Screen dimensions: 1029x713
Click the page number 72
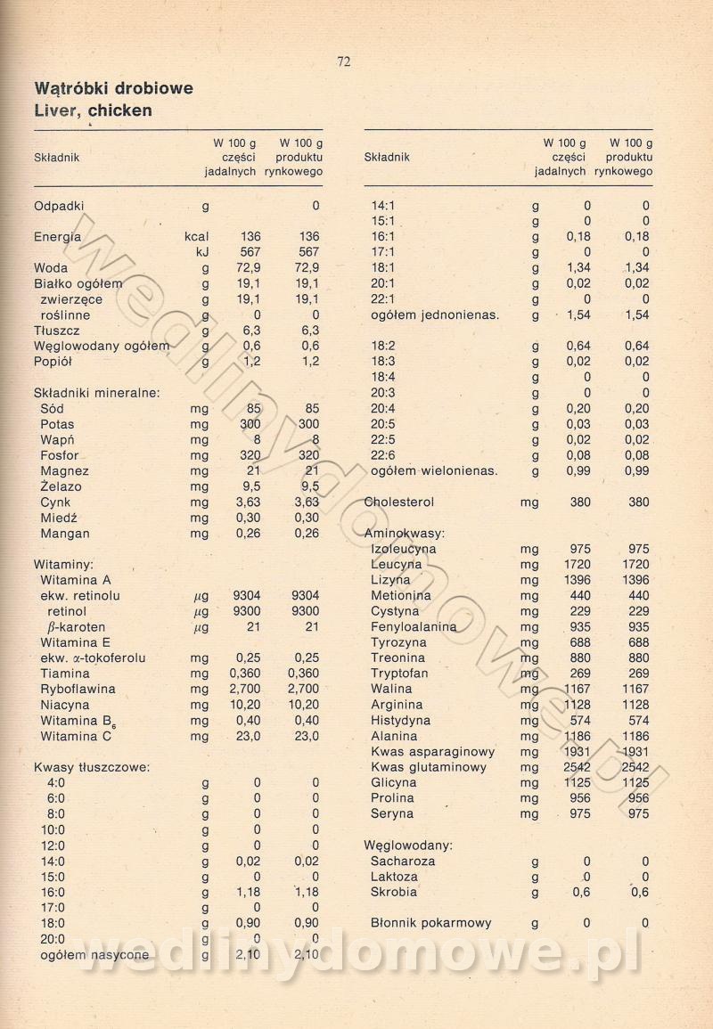click(x=344, y=61)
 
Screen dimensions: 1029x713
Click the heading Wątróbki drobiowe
click(x=113, y=89)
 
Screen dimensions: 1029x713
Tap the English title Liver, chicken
click(x=93, y=111)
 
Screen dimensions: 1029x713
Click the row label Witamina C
click(x=76, y=737)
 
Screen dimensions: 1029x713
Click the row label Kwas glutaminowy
click(x=429, y=767)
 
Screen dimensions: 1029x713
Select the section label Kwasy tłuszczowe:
click(x=91, y=767)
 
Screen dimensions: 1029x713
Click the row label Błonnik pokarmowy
click(x=431, y=923)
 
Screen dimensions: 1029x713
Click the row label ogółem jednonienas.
click(x=435, y=315)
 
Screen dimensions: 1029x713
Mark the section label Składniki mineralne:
click(x=96, y=393)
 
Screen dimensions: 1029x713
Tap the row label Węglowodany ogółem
click(x=102, y=347)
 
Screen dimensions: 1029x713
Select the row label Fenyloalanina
click(x=414, y=627)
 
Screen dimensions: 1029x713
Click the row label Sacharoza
click(x=403, y=862)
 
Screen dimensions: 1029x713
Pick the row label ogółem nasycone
click(x=94, y=955)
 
